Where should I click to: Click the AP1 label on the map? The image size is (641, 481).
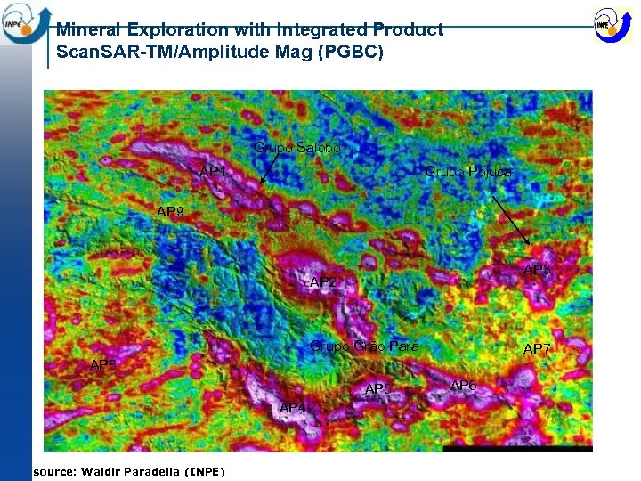[213, 171]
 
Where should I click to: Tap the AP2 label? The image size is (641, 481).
[323, 282]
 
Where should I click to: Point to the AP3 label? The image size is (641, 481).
[103, 364]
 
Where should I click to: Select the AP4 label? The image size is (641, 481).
[293, 407]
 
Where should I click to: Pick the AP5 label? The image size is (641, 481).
[378, 389]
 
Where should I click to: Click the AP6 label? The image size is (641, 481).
[463, 386]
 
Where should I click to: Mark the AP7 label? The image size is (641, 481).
[537, 348]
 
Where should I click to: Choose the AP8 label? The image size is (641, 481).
[537, 270]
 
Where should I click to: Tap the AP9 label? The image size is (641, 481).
[171, 212]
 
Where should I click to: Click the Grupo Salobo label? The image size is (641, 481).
[297, 147]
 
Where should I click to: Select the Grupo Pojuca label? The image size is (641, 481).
[468, 171]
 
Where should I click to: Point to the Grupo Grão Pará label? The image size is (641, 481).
[364, 346]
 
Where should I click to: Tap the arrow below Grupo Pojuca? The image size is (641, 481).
[511, 222]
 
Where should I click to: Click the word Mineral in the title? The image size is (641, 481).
[91, 29]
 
